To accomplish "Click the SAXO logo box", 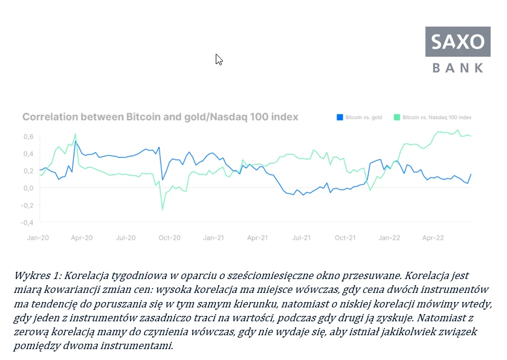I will pyautogui.click(x=459, y=42).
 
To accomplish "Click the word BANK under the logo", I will pyautogui.click(x=459, y=68).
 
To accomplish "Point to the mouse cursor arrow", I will pyautogui.click(x=218, y=59).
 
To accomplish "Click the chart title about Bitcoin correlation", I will pyautogui.click(x=160, y=117).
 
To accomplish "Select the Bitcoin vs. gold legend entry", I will pyautogui.click(x=361, y=117).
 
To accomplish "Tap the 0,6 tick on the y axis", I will pyautogui.click(x=28, y=136).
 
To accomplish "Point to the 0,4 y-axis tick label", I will pyautogui.click(x=28, y=153).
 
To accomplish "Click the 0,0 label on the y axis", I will pyautogui.click(x=28, y=188).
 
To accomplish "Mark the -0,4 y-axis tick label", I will pyautogui.click(x=27, y=222).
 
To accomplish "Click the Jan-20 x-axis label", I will pyautogui.click(x=38, y=238).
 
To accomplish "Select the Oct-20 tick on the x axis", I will pyautogui.click(x=170, y=238).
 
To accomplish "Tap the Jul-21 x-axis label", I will pyautogui.click(x=302, y=238).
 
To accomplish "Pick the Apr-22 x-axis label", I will pyautogui.click(x=433, y=238).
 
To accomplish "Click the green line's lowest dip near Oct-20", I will pyautogui.click(x=163, y=210).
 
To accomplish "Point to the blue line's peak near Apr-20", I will pyautogui.click(x=75, y=142).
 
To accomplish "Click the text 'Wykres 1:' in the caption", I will pyautogui.click(x=36, y=275).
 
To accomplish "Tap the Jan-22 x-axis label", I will pyautogui.click(x=389, y=238).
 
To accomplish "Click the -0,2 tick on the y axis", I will pyautogui.click(x=27, y=205).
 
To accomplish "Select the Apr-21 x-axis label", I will pyautogui.click(x=257, y=238).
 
